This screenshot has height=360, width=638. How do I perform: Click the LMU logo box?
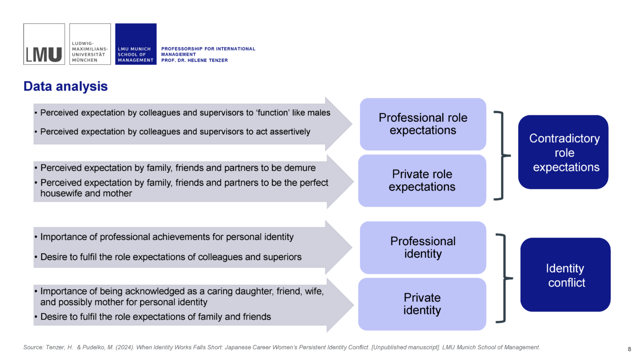coord(44,44)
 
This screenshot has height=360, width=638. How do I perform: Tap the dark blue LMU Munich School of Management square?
coord(136,44)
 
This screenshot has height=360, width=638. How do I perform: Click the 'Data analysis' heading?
coord(66,86)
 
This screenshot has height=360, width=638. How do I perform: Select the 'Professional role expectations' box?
coord(423,124)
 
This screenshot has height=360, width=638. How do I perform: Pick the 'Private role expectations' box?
coord(422,181)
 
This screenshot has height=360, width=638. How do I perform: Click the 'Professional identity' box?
coord(423,247)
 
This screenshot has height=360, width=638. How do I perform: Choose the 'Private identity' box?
coord(422,304)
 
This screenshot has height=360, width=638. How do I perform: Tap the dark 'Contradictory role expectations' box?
coord(564,152)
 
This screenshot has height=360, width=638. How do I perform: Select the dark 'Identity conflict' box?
coord(565,275)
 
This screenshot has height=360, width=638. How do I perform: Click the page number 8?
coord(629,349)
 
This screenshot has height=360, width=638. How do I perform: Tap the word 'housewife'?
coord(61,193)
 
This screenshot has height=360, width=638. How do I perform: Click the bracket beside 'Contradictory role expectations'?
coord(503,156)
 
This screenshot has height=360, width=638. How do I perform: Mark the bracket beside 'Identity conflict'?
coord(505,278)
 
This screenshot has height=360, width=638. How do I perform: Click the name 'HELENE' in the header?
coord(198,60)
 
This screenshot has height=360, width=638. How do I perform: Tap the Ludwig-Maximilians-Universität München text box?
coord(90,44)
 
